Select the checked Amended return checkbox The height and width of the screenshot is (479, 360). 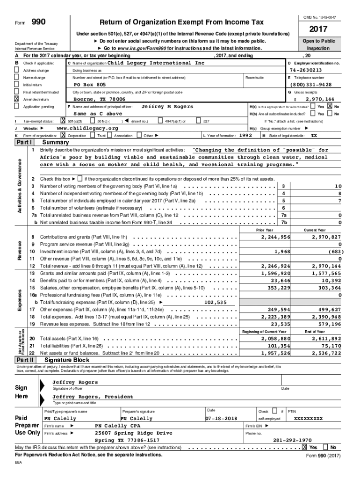[x=17, y=99]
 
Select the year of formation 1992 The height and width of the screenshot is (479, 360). [x=245, y=135]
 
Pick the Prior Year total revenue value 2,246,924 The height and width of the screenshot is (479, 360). [x=275, y=266]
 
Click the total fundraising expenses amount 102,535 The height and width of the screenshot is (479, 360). [x=215, y=302]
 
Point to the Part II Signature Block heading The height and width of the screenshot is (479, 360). [x=65, y=360]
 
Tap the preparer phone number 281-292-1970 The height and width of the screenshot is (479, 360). [x=292, y=440]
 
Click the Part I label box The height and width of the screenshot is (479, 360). [x=24, y=142]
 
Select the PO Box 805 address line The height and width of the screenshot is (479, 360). [x=90, y=85]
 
